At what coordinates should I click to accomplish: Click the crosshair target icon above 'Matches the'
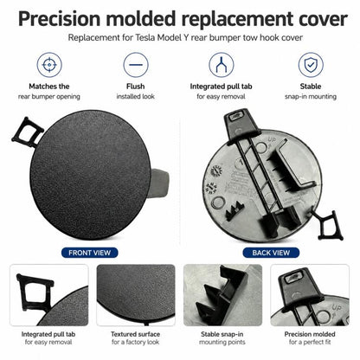tap(49, 65)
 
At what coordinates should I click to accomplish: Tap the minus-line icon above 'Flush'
tap(136, 65)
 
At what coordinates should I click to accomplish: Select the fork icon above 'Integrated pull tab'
tap(222, 65)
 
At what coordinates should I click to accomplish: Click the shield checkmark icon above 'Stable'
tap(311, 65)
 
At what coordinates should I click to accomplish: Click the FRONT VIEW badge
tap(90, 253)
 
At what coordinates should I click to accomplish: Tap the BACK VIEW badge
tap(271, 253)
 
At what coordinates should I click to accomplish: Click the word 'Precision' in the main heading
tap(59, 19)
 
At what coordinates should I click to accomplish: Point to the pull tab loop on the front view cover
tap(27, 132)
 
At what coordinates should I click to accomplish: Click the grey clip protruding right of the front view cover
tap(159, 183)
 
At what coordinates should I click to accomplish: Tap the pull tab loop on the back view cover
tap(328, 225)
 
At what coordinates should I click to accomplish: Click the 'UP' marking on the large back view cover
tap(272, 140)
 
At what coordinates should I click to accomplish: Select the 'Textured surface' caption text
tap(136, 334)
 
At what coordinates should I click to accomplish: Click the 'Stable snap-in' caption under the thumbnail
tap(222, 334)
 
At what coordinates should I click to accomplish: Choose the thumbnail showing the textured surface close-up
tap(136, 295)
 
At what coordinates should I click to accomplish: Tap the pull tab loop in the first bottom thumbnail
tap(34, 292)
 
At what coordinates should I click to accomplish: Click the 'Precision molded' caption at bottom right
tap(310, 334)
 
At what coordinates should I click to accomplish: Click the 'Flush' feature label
tap(136, 87)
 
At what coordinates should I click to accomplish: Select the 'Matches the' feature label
tap(49, 87)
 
